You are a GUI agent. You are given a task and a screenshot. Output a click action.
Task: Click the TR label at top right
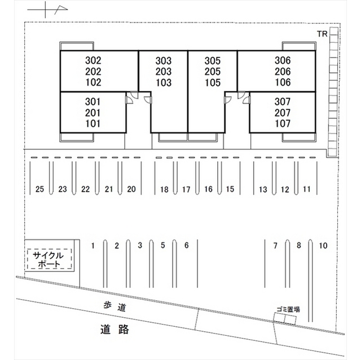pos(322,34)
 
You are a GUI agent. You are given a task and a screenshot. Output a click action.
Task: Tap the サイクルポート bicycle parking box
pos(49,259)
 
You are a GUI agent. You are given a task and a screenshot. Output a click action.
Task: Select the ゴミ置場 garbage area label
pos(288,309)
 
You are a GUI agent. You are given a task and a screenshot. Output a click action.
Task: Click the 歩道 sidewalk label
pos(113,307)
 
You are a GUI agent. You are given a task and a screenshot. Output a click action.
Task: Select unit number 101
pos(93,123)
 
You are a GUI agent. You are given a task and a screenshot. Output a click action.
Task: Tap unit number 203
pos(163,72)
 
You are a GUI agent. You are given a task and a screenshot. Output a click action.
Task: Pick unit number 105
pos(212,82)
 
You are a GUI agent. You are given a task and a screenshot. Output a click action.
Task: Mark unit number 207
pos(283,113)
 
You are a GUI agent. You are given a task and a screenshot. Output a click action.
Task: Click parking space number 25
pos(39,189)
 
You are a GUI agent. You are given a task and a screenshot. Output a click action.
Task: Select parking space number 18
pos(164,189)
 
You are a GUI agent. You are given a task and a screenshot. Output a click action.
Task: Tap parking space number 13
pos(263,189)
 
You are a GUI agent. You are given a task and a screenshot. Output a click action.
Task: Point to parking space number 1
pos(93,245)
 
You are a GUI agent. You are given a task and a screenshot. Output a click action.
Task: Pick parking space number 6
pos(186,245)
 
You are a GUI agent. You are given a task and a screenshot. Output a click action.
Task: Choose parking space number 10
pos(323,245)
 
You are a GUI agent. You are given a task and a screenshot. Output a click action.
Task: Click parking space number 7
pos(275,245)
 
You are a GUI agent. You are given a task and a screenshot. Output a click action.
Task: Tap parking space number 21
pos(109,189)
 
